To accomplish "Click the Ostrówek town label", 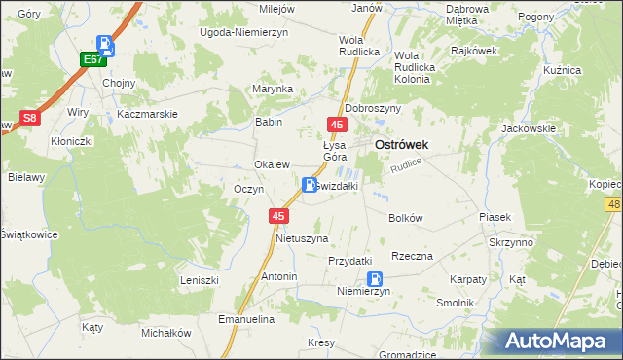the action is pyautogui.click(x=402, y=144).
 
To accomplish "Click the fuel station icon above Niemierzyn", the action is pyautogui.click(x=361, y=279).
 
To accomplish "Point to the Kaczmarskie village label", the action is pyautogui.click(x=146, y=114).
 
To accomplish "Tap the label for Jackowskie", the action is pyautogui.click(x=528, y=128).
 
